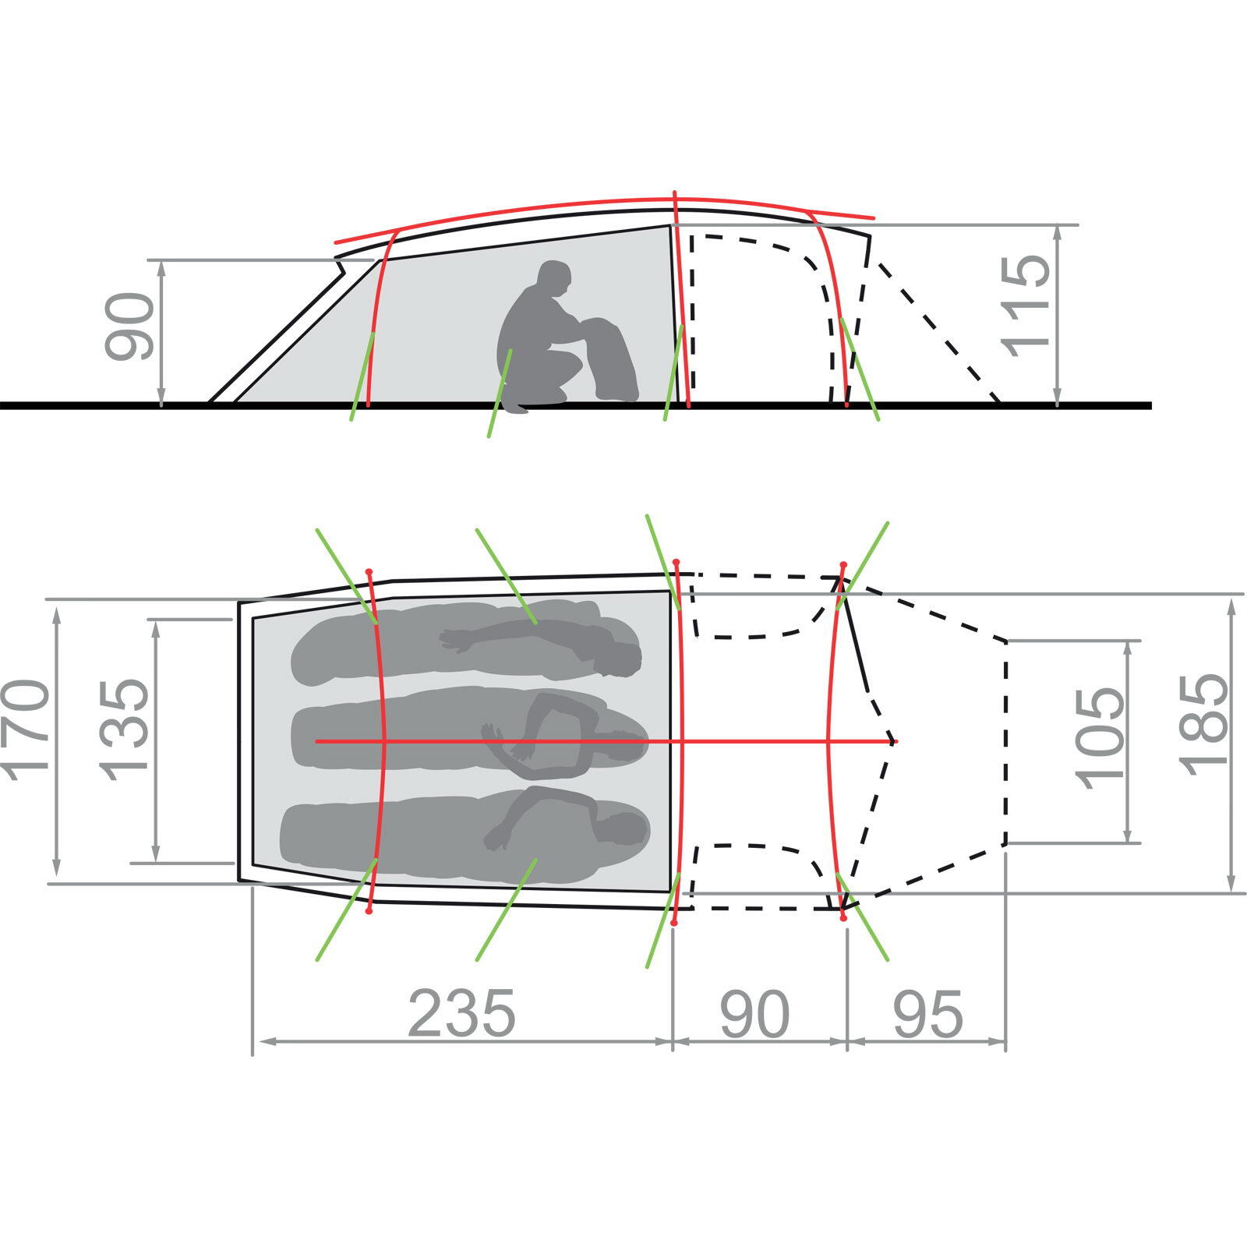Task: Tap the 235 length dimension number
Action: (461, 1014)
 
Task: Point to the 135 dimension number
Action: (124, 729)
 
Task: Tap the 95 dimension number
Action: (928, 1014)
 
